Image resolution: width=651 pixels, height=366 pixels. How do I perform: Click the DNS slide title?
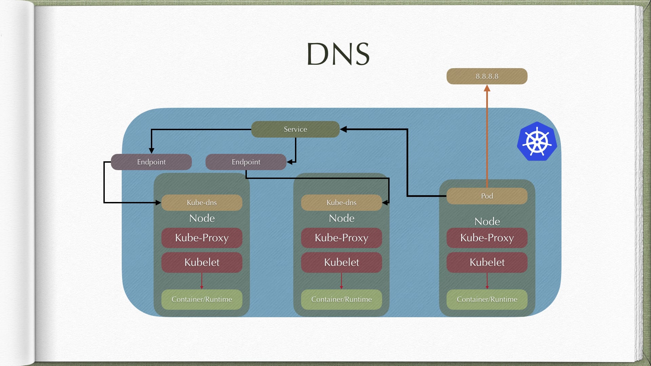tap(338, 54)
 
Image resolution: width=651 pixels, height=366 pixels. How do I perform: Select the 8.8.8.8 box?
tap(487, 76)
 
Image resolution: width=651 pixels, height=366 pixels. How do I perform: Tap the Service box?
tap(295, 129)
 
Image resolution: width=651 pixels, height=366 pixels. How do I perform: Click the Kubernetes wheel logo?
tap(537, 141)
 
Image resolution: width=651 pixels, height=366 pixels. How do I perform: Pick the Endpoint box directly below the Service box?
tap(246, 162)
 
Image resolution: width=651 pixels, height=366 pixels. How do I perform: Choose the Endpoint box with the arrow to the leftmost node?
tap(151, 162)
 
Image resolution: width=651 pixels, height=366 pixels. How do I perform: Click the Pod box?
tap(487, 196)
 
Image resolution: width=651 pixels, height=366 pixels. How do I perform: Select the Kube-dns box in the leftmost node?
tap(202, 202)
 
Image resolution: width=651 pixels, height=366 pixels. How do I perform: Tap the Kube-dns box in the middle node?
tap(341, 202)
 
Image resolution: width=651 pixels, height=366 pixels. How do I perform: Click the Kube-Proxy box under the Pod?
tap(487, 238)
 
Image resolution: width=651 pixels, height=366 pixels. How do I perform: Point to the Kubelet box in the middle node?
tap(341, 262)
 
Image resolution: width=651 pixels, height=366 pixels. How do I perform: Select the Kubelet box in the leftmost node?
tap(202, 262)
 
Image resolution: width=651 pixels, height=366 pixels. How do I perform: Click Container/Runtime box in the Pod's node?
tap(487, 299)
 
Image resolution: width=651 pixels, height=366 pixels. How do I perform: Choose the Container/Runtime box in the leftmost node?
tap(202, 299)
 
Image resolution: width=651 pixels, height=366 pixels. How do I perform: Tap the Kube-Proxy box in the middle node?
tap(341, 238)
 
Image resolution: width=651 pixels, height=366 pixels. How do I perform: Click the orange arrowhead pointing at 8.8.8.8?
tap(487, 88)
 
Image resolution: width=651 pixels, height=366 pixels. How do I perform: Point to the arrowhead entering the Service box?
tap(343, 129)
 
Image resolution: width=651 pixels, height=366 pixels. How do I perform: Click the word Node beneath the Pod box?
tap(487, 221)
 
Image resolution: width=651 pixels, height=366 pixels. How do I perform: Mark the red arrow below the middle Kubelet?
tap(341, 281)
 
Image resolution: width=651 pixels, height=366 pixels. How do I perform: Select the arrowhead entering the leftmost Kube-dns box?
tap(158, 203)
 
